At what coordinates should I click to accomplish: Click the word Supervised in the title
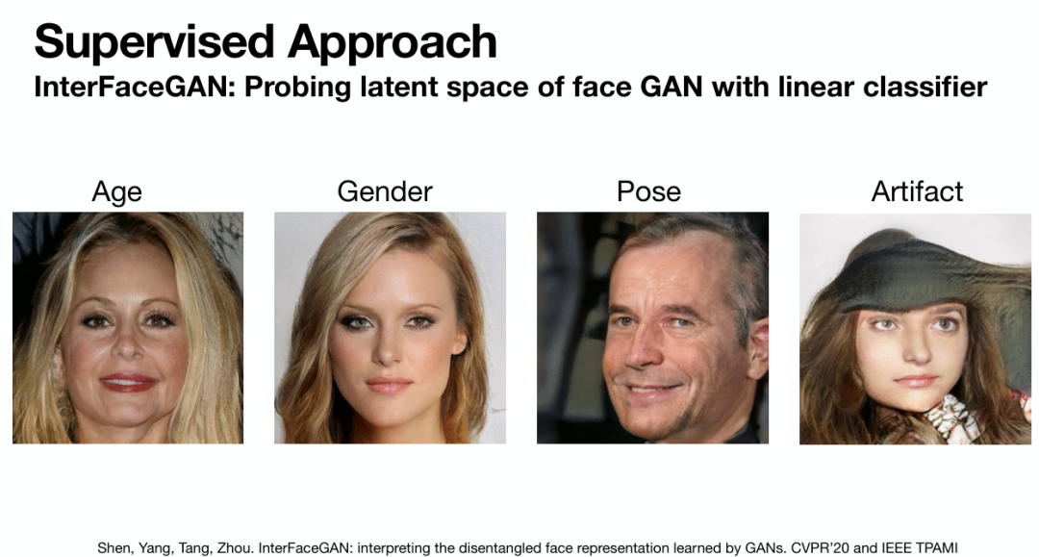(x=154, y=41)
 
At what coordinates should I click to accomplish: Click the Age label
(x=116, y=192)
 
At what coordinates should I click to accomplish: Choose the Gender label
(x=384, y=191)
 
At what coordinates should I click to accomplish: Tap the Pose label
(x=648, y=191)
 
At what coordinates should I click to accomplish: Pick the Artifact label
(x=917, y=191)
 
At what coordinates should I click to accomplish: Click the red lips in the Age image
(x=128, y=382)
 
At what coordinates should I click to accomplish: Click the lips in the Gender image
(x=389, y=385)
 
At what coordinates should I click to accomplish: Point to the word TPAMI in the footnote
(x=936, y=547)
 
